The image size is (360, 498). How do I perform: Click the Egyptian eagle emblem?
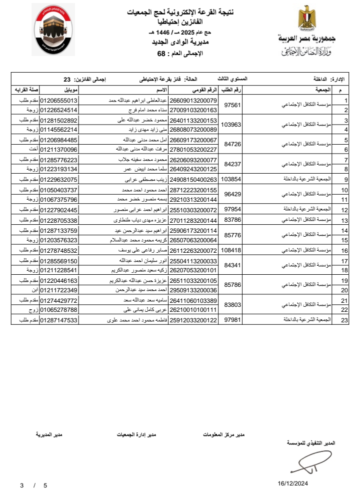pos(305,19)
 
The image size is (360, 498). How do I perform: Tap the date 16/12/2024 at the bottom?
pos(293,483)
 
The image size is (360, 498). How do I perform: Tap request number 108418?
pos(231,250)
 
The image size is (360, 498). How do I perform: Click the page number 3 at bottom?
pos(21,485)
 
